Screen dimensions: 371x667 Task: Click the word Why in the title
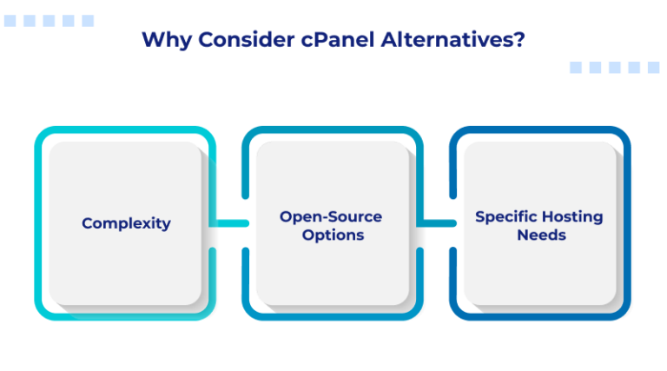[162, 40]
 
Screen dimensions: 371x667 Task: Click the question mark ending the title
[518, 40]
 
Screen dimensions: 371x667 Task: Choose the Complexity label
[126, 223]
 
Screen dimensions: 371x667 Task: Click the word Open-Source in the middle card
[331, 216]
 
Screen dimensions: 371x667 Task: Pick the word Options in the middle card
[331, 235]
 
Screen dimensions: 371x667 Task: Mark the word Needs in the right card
[541, 235]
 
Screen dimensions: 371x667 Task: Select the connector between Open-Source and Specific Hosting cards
[437, 223]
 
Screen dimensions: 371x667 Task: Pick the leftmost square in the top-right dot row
[576, 67]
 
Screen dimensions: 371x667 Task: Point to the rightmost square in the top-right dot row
[654, 67]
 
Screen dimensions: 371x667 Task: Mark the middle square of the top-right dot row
[615, 67]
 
